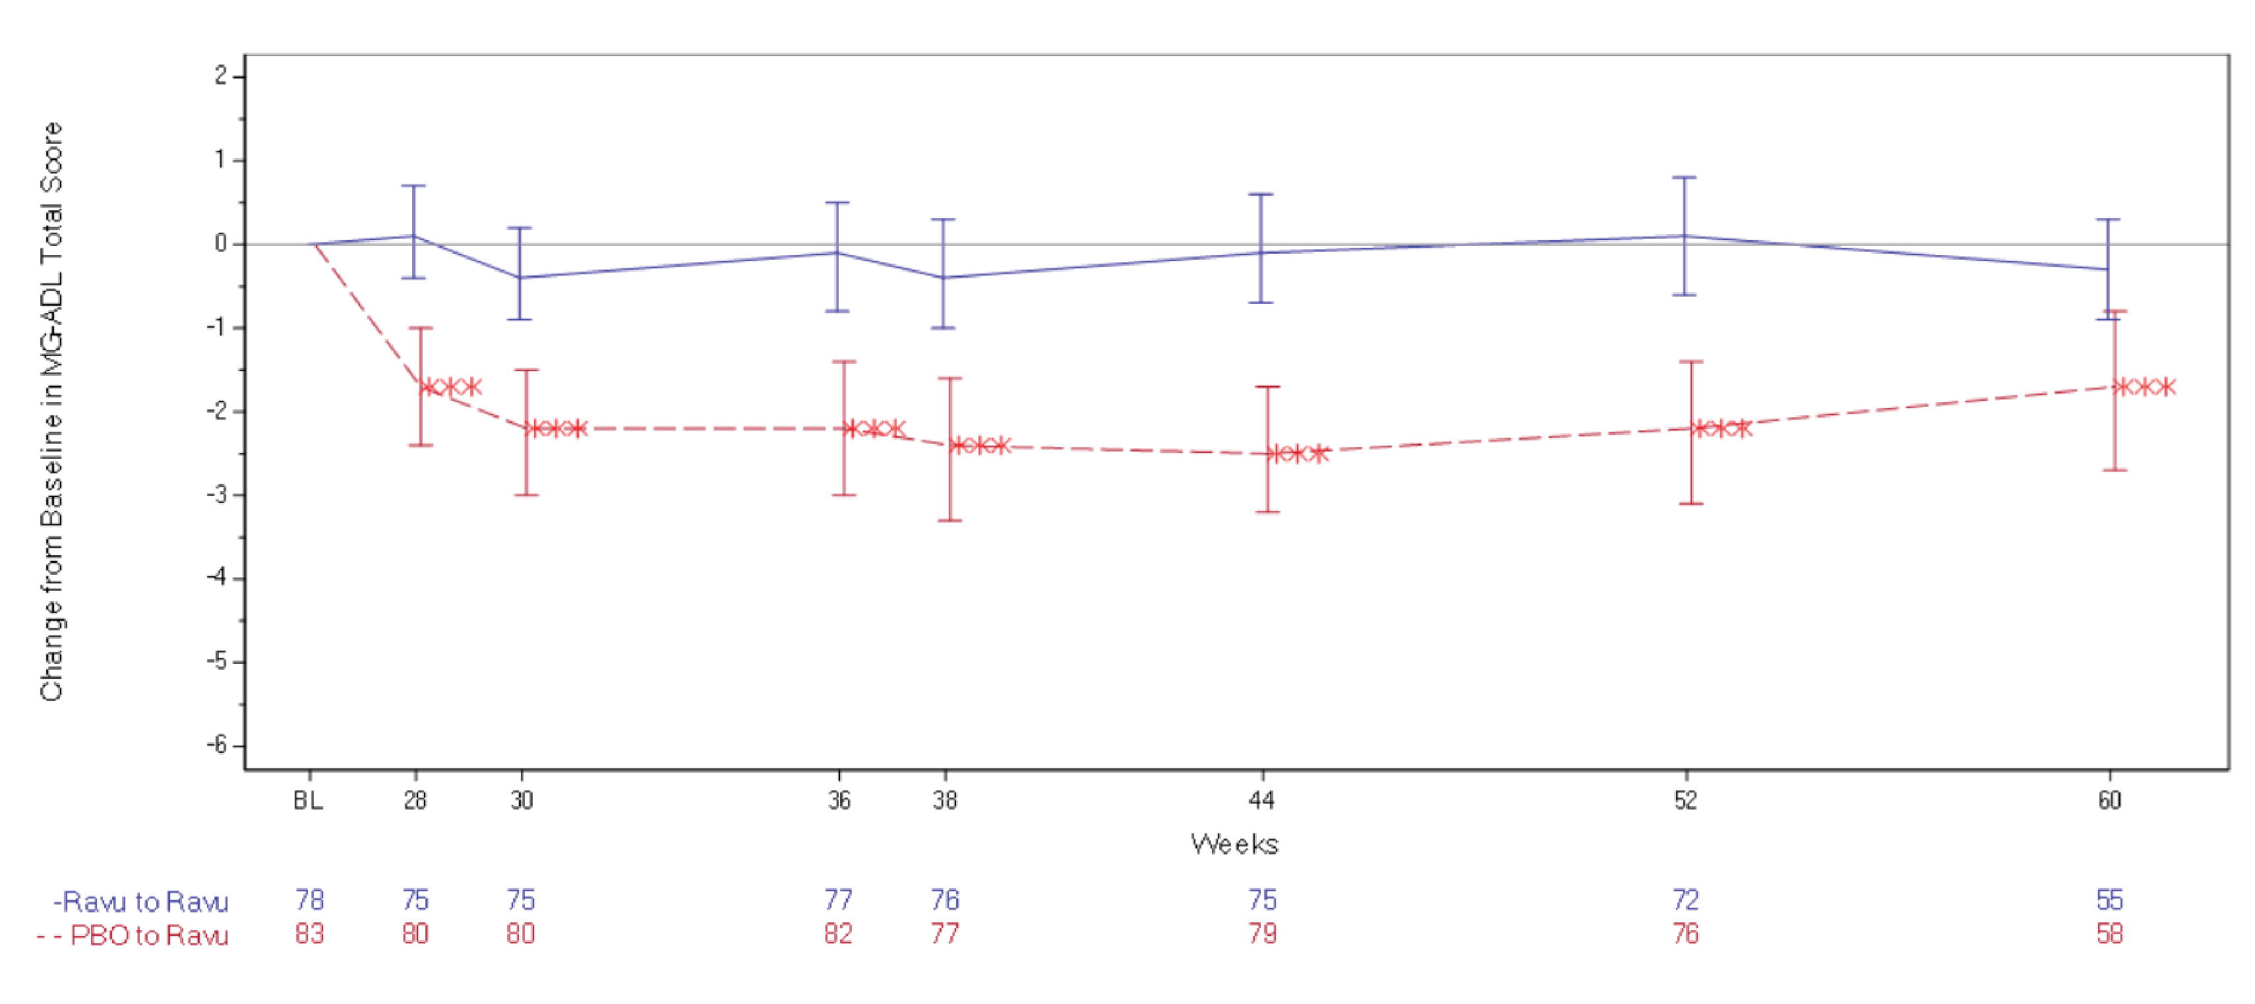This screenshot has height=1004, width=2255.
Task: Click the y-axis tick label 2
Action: pos(221,76)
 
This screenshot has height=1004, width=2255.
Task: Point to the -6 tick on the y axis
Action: pos(217,745)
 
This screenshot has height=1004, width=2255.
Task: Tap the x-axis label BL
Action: pos(308,800)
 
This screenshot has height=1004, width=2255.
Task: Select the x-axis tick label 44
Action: pos(1261,800)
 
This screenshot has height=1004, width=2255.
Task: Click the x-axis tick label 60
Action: pos(2110,800)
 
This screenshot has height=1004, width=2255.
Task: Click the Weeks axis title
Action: pos(1234,844)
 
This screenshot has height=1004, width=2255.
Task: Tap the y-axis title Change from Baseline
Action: pos(51,411)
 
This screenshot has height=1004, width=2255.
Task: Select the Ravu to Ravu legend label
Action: pos(142,902)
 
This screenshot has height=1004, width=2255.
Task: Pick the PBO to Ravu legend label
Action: pos(133,935)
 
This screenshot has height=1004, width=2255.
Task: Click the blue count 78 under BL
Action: pos(310,900)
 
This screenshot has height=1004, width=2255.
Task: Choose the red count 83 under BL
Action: pos(310,934)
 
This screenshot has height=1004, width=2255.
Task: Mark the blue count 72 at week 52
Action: pos(1686,900)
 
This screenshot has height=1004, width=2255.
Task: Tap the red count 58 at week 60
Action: pos(2110,934)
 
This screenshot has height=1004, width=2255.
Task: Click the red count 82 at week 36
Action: pos(839,934)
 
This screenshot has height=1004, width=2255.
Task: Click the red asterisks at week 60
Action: pos(2145,387)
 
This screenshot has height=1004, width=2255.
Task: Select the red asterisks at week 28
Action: pos(452,387)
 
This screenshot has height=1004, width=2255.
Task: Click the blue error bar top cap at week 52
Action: pos(1684,178)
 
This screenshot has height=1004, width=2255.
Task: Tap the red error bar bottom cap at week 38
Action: pos(949,521)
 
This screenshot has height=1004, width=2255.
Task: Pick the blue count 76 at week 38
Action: pos(946,900)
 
